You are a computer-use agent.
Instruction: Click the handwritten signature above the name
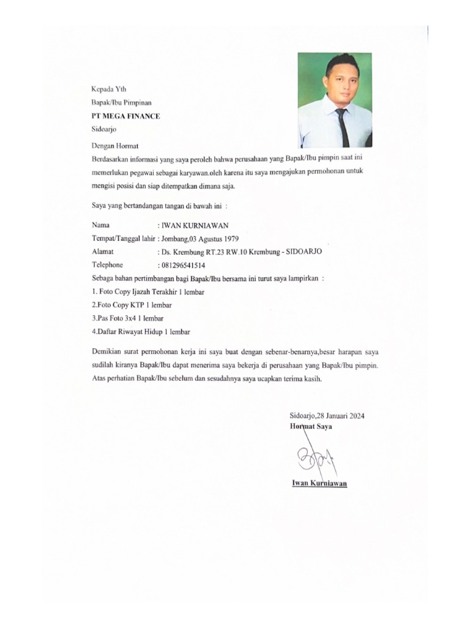313,459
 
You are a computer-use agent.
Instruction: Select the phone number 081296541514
182,265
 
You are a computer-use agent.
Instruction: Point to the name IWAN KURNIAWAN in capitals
194,225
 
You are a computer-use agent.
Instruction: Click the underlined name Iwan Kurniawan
319,484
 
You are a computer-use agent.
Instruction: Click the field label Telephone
107,265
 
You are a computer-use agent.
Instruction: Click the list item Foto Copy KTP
132,305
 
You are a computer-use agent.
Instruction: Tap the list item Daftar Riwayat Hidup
141,332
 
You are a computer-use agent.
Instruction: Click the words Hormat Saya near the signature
311,426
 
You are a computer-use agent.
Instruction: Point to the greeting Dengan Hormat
114,146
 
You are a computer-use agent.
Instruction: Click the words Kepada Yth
108,89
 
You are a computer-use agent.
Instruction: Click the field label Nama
100,225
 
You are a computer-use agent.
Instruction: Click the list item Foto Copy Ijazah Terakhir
147,291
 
